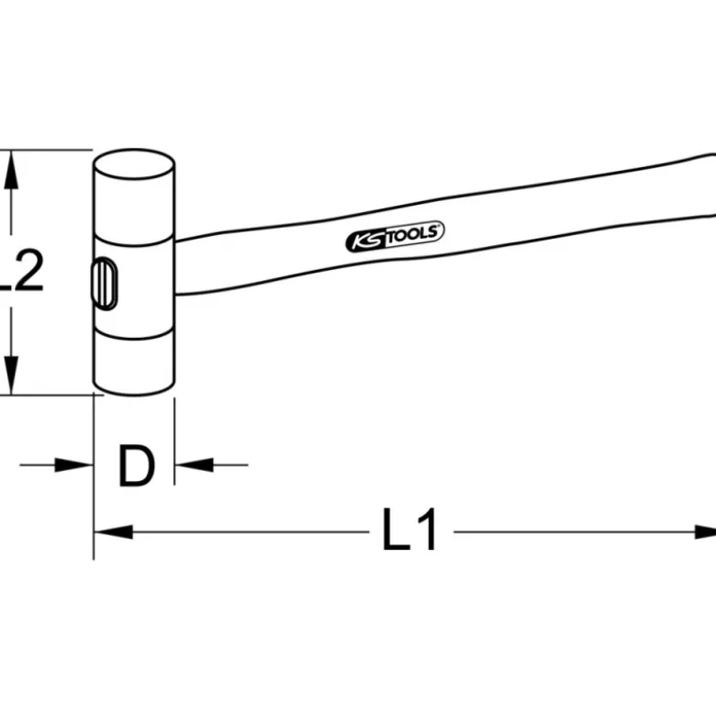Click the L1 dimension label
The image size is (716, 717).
click(409, 529)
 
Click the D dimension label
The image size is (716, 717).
click(136, 465)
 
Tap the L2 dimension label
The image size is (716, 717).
click(21, 272)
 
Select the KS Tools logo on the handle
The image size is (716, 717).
click(395, 237)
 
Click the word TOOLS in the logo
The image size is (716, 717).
click(415, 234)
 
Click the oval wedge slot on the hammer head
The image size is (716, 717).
click(105, 284)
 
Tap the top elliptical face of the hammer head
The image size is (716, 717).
click(134, 163)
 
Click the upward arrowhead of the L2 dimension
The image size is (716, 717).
click(11, 170)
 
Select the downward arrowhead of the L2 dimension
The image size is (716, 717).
click(11, 375)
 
